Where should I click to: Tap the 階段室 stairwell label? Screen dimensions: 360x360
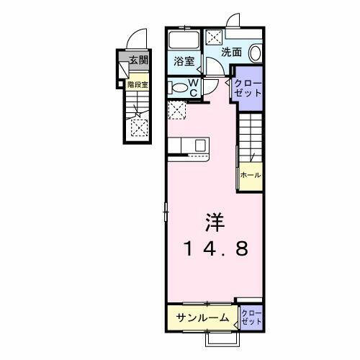[x=138, y=84]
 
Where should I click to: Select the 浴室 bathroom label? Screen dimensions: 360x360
[x=184, y=61]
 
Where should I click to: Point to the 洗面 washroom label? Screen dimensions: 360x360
[x=230, y=52]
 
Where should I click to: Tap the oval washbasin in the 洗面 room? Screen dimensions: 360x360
[x=256, y=53]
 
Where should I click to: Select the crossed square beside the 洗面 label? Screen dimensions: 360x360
[x=215, y=39]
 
